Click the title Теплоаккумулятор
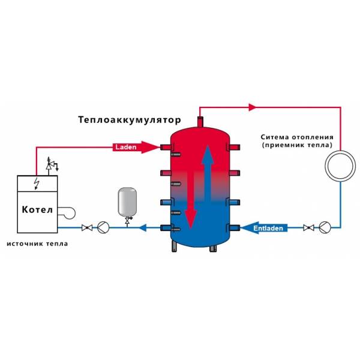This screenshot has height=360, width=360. pos(130,120)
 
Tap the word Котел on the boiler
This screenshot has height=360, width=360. pos(37,209)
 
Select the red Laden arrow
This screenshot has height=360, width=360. pos(136,147)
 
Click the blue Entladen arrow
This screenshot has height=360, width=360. pos(264,228)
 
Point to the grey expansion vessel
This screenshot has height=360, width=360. pos(127,202)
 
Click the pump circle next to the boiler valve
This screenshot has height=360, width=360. pos(103,227)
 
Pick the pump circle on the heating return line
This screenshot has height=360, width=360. pos(325,227)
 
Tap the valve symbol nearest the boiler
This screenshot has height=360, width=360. pos(87,228)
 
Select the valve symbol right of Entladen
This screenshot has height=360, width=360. pos(308,228)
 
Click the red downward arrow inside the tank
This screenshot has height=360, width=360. pos(191,200)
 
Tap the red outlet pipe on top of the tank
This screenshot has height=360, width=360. pos(200,122)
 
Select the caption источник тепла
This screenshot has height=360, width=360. pos(37,244)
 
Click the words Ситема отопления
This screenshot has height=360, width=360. pos(297,137)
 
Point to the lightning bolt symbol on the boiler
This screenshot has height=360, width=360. pos(37,184)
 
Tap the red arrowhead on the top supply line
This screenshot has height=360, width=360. pos(253,107)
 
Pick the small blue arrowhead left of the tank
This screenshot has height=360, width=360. pos(143,228)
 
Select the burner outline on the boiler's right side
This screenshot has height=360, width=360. pos(67,213)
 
